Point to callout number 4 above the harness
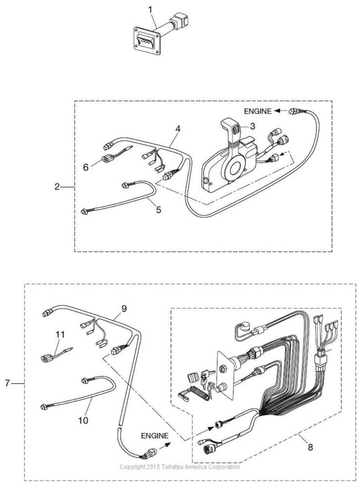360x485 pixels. pyautogui.click(x=177, y=128)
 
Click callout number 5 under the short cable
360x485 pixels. pyautogui.click(x=159, y=209)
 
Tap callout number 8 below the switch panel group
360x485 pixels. pyautogui.click(x=310, y=448)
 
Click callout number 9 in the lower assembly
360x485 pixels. pyautogui.click(x=124, y=309)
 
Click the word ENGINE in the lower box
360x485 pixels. pyautogui.click(x=155, y=435)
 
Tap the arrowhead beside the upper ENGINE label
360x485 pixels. pyautogui.click(x=277, y=111)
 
